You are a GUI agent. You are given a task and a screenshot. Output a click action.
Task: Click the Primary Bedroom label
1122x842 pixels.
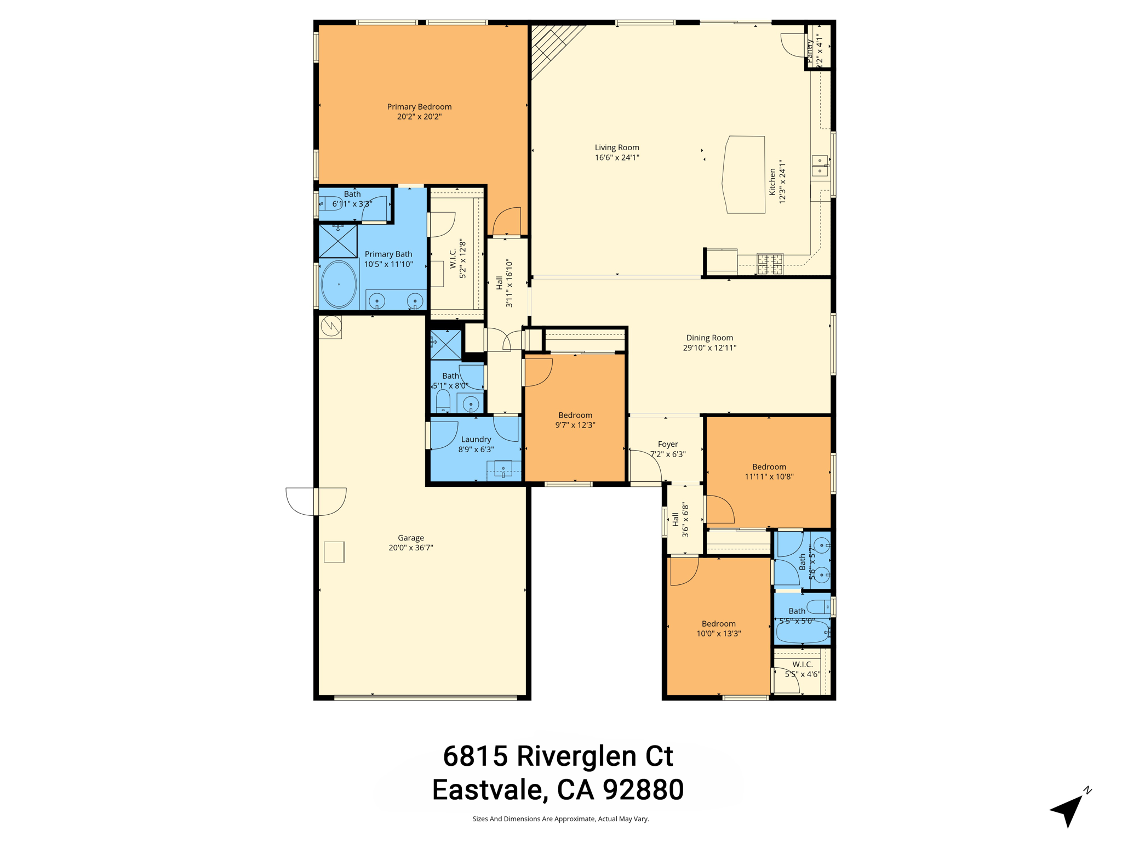pos(419,107)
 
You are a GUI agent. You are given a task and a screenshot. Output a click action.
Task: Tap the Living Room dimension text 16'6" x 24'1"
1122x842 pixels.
pos(617,158)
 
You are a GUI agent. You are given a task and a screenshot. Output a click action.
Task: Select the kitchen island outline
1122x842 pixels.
pos(744,174)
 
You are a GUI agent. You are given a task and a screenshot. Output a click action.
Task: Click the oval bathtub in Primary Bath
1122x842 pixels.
pos(339,284)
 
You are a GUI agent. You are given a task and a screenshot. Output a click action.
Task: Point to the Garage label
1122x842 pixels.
pos(411,538)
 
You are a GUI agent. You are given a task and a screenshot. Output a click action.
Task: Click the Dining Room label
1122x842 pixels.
pos(709,338)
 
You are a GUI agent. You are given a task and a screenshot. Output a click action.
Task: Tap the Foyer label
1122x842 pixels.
pos(668,444)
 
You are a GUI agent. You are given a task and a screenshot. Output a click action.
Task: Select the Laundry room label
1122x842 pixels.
pos(476,439)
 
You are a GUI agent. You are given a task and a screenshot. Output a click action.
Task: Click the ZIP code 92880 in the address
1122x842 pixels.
pos(643,790)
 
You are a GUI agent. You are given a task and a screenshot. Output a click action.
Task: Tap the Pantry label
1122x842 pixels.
pos(810,49)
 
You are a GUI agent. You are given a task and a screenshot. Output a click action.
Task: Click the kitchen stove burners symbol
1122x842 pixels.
pos(770,263)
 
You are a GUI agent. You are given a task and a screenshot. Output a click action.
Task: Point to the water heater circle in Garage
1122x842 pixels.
pos(331,326)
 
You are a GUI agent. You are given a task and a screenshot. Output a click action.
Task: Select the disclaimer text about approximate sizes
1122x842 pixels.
pos(560,819)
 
